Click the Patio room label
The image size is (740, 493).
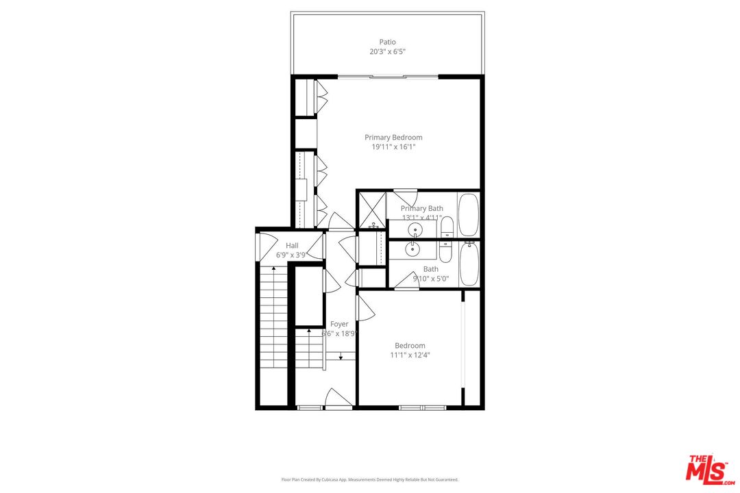[x=387, y=42]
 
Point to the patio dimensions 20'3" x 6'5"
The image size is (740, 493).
[x=387, y=51]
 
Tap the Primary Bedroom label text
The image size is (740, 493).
[x=393, y=138]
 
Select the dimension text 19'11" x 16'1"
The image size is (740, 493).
[x=393, y=147]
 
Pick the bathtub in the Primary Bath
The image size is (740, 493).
[x=469, y=214]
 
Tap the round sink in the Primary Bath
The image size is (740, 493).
[x=415, y=229]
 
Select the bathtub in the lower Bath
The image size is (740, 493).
[x=469, y=264]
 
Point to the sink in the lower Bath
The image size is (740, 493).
[x=413, y=249]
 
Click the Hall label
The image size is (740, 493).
[x=292, y=246]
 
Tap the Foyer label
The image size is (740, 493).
[x=339, y=324]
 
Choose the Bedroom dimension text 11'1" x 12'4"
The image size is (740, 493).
[x=410, y=355]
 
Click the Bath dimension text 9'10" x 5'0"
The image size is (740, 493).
[x=430, y=279]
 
